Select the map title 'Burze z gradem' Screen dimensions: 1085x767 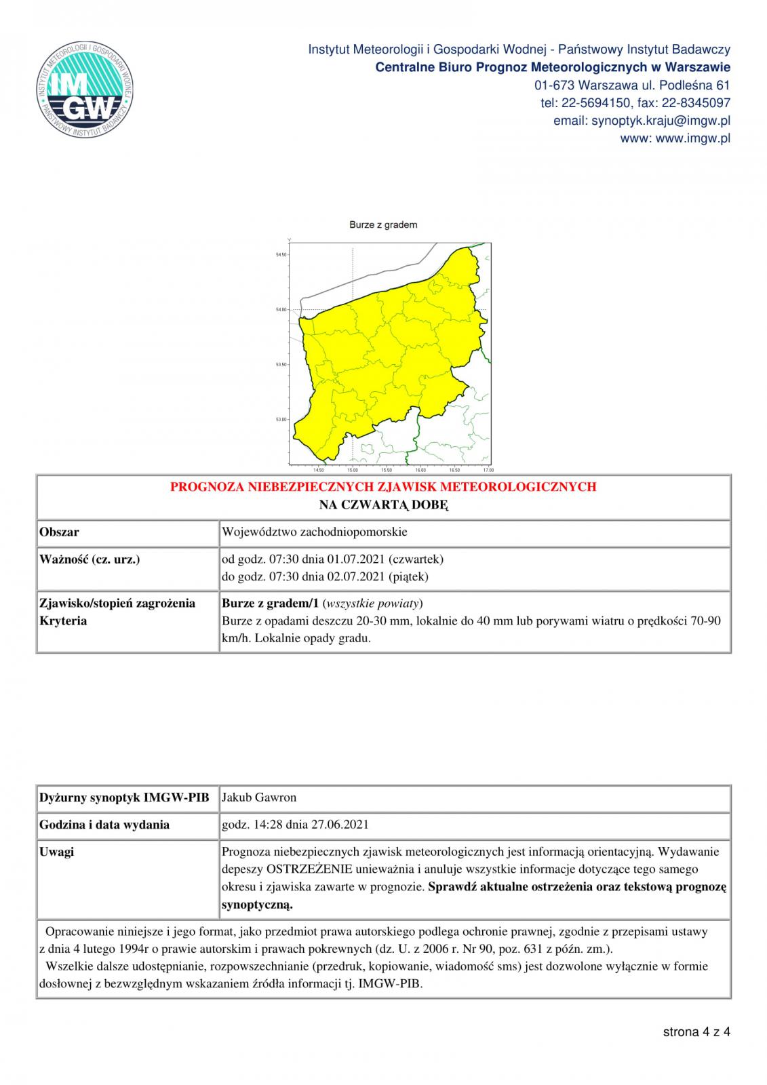coord(383,224)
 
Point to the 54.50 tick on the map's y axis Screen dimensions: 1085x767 coord(281,255)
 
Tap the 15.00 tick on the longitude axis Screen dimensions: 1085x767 coord(353,470)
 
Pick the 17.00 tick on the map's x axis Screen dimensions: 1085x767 coord(488,470)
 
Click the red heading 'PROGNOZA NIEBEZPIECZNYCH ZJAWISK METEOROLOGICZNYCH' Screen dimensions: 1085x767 coord(383,487)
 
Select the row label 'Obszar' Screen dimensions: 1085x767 coord(59,532)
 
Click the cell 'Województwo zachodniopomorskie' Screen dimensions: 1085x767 coord(315,532)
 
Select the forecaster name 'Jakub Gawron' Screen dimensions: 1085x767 coord(259,797)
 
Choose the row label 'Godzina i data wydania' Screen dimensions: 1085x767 coord(104,825)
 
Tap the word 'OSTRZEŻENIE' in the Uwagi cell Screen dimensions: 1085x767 coord(310,869)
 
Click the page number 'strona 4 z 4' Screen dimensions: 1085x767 coord(696,1032)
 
